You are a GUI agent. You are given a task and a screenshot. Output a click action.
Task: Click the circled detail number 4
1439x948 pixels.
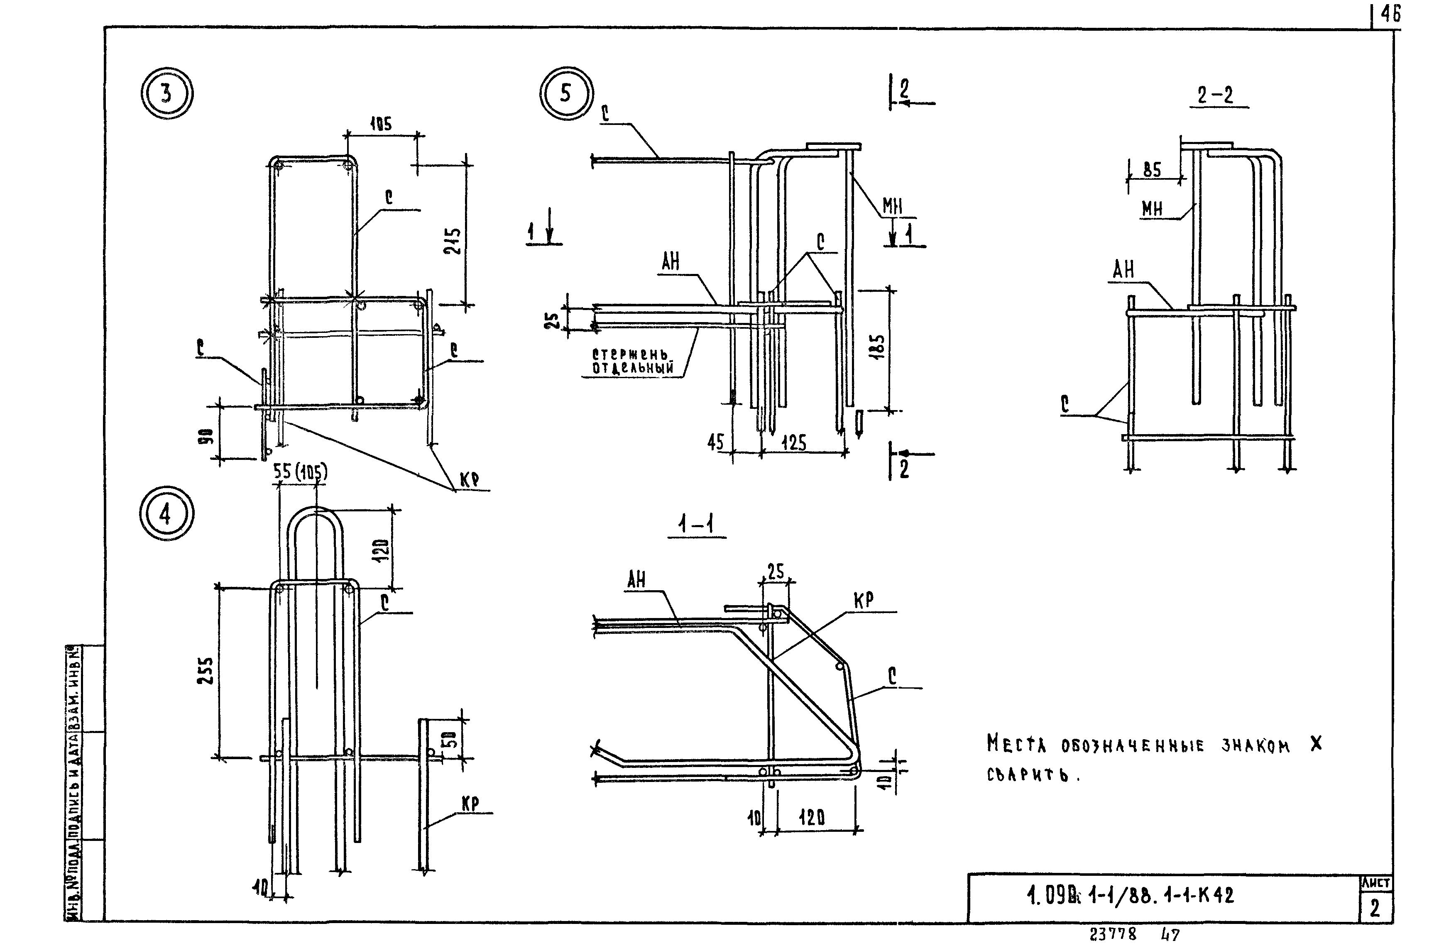pyautogui.click(x=166, y=513)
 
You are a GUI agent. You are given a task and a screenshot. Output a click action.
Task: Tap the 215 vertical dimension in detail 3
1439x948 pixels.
pyautogui.click(x=453, y=241)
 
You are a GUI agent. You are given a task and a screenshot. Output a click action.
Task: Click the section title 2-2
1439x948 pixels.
pyautogui.click(x=1215, y=95)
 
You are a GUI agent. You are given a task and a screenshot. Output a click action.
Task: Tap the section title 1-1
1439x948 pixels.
pyautogui.click(x=696, y=525)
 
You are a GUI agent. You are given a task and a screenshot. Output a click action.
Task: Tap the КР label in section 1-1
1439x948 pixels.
pyautogui.click(x=864, y=600)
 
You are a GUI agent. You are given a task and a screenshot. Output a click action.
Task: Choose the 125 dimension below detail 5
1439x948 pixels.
pyautogui.click(x=794, y=442)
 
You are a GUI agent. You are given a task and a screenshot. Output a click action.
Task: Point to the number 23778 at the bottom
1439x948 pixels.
pyautogui.click(x=1113, y=934)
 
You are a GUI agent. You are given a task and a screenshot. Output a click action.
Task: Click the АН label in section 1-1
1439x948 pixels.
pyautogui.click(x=636, y=580)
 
